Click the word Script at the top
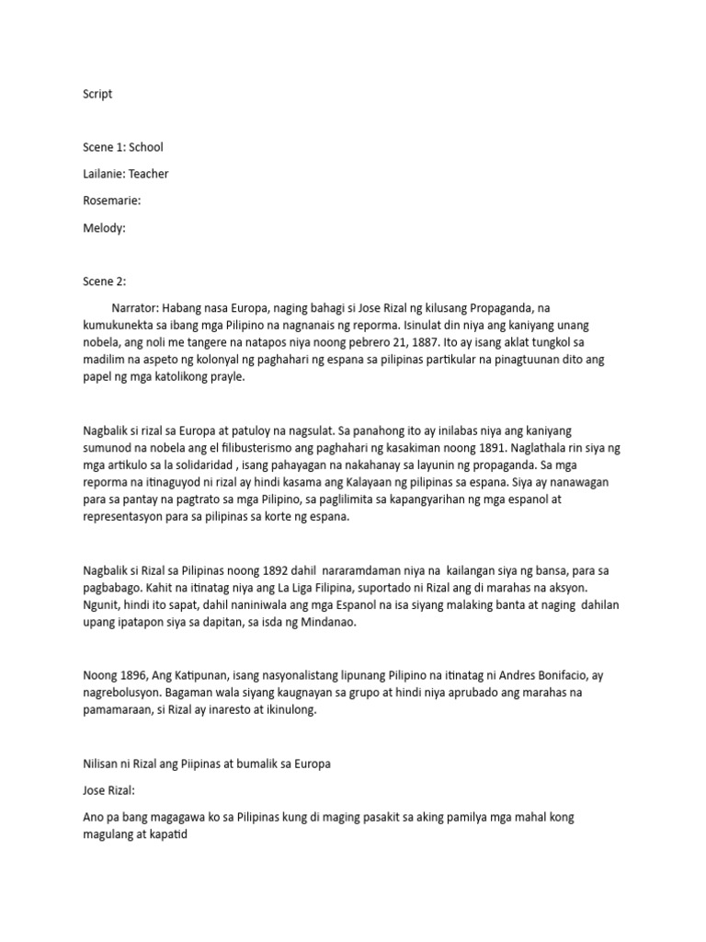coord(97,94)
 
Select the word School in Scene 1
coord(146,146)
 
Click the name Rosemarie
coord(111,201)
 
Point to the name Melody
coord(104,227)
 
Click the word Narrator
coord(138,307)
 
